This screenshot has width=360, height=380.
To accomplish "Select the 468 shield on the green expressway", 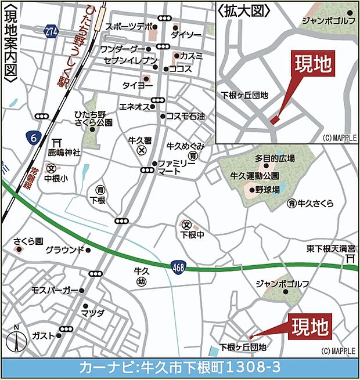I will pyautogui.click(x=179, y=267).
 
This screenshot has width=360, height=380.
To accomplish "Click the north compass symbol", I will pyautogui.click(x=17, y=342).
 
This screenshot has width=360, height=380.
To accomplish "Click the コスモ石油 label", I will pyautogui.click(x=185, y=116).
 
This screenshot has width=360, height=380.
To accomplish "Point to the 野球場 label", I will pyautogui.click(x=268, y=190).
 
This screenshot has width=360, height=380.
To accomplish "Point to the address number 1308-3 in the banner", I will pyautogui.click(x=256, y=367).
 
